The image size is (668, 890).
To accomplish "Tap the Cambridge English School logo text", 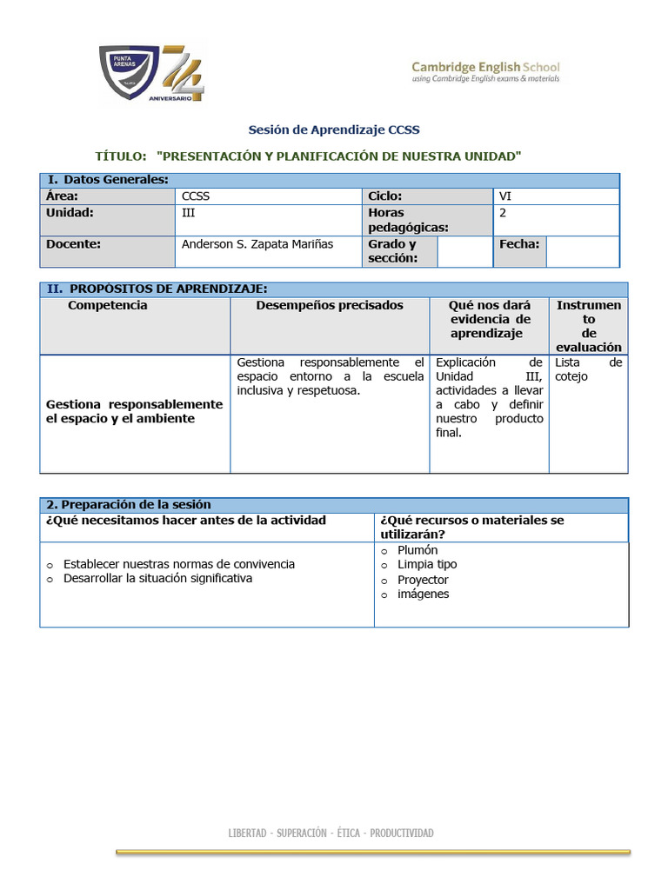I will [x=485, y=71].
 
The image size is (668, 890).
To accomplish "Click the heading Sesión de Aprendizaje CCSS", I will [x=334, y=130].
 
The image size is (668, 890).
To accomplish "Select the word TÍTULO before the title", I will [x=120, y=156].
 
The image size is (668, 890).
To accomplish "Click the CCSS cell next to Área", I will [x=196, y=196].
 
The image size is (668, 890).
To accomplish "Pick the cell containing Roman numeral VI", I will [x=505, y=196].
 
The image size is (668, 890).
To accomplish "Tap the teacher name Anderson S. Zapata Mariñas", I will [x=257, y=244].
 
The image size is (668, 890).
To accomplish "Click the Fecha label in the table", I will [x=519, y=244].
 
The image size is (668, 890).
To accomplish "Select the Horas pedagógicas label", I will [x=408, y=220].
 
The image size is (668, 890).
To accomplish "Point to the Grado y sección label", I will [x=392, y=251].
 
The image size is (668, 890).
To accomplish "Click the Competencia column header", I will [x=108, y=305].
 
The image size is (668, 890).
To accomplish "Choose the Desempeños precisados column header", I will [x=330, y=305].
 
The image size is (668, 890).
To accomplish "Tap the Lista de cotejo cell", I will [x=588, y=369].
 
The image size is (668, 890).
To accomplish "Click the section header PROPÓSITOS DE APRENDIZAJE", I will [x=168, y=289].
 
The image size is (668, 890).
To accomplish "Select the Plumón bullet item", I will [x=417, y=550].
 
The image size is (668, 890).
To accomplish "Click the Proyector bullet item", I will [x=423, y=580].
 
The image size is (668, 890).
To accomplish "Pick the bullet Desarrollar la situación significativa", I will [x=157, y=578].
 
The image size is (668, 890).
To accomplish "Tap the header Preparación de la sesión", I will [x=128, y=505].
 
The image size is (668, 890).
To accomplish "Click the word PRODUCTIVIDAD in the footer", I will [x=401, y=833].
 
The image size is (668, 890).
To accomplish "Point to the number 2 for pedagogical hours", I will [x=503, y=212].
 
